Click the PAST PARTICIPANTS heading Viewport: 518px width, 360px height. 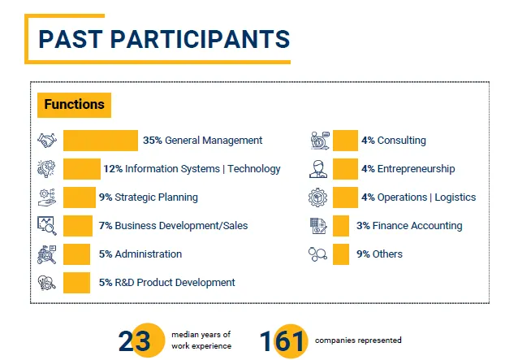[164, 38]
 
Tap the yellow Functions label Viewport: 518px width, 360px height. [74, 105]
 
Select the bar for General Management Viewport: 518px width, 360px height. [101, 141]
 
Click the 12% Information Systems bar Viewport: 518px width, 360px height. [82, 169]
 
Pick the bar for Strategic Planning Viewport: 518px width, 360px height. [80, 197]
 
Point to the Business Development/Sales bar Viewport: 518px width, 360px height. [78, 226]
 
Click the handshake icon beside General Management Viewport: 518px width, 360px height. [47, 141]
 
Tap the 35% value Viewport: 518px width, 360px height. [152, 141]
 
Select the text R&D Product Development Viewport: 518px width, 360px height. [175, 283]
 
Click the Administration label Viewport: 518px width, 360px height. [148, 254]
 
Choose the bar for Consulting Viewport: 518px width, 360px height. [345, 141]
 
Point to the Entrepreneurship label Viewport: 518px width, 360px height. [416, 169]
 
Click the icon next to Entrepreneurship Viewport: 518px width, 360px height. [318, 169]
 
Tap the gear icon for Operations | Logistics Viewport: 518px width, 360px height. [318, 197]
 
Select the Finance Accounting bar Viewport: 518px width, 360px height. [341, 226]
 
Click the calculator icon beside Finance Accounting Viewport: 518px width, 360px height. [318, 226]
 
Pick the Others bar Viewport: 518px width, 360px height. [341, 254]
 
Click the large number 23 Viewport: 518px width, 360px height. [136, 341]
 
